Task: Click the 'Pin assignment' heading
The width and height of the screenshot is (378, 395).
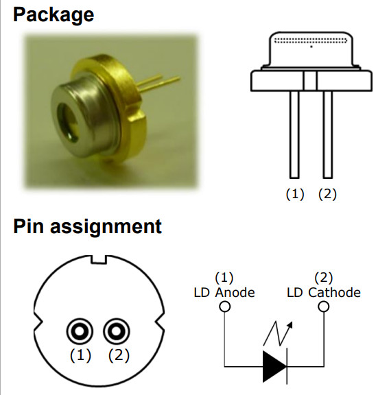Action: point(87,226)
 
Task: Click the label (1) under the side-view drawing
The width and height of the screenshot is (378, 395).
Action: point(294,194)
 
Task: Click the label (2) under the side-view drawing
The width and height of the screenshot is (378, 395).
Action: point(327,194)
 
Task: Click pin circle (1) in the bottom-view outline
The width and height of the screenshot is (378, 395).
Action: point(80,333)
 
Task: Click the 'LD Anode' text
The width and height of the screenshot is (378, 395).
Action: point(224,293)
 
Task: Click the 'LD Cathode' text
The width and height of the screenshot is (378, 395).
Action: point(324,293)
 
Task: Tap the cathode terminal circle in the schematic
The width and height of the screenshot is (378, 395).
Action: point(323,306)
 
